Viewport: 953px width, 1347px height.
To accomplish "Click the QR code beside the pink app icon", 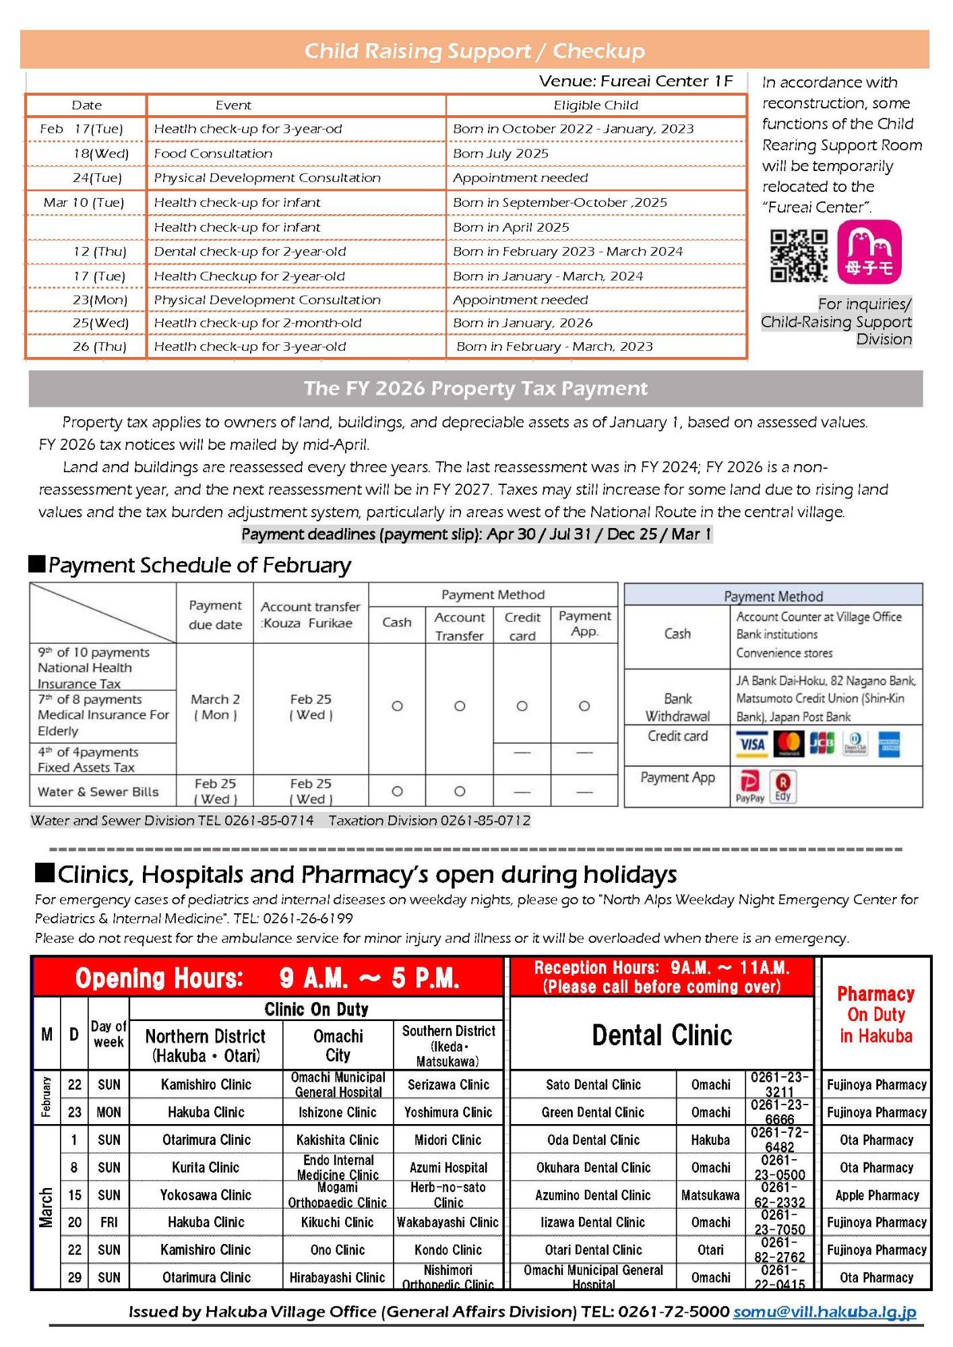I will pyautogui.click(x=799, y=256).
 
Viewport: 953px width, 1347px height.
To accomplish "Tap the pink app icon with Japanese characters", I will pyautogui.click(x=869, y=252).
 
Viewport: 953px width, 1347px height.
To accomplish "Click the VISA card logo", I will pyautogui.click(x=752, y=744).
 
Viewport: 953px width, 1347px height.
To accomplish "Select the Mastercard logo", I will pyautogui.click(x=789, y=744).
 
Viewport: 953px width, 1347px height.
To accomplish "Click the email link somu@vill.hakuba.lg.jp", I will pyautogui.click(x=824, y=1311).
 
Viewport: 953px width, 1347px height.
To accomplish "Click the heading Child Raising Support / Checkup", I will pyautogui.click(x=474, y=51).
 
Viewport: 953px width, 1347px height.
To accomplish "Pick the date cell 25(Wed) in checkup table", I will pyautogui.click(x=100, y=323).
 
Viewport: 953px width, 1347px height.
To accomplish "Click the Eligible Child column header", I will pyautogui.click(x=596, y=105).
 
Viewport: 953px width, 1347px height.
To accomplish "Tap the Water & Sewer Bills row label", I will pyautogui.click(x=98, y=792).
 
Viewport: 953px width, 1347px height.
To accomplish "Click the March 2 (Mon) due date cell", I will pyautogui.click(x=215, y=707).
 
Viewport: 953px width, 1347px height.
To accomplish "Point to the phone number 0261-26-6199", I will pyautogui.click(x=308, y=919).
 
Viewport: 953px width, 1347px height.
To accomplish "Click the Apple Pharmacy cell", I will pyautogui.click(x=876, y=1195).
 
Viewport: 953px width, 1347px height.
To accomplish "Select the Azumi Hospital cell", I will pyautogui.click(x=448, y=1168).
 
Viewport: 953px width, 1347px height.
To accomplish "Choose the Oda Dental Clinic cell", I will pyautogui.click(x=593, y=1140).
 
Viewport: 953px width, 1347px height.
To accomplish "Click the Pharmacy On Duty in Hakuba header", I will pyautogui.click(x=875, y=1014).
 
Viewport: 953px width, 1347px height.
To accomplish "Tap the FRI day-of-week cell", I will pyautogui.click(x=109, y=1222).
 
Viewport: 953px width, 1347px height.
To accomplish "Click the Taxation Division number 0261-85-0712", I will pyautogui.click(x=485, y=820).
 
